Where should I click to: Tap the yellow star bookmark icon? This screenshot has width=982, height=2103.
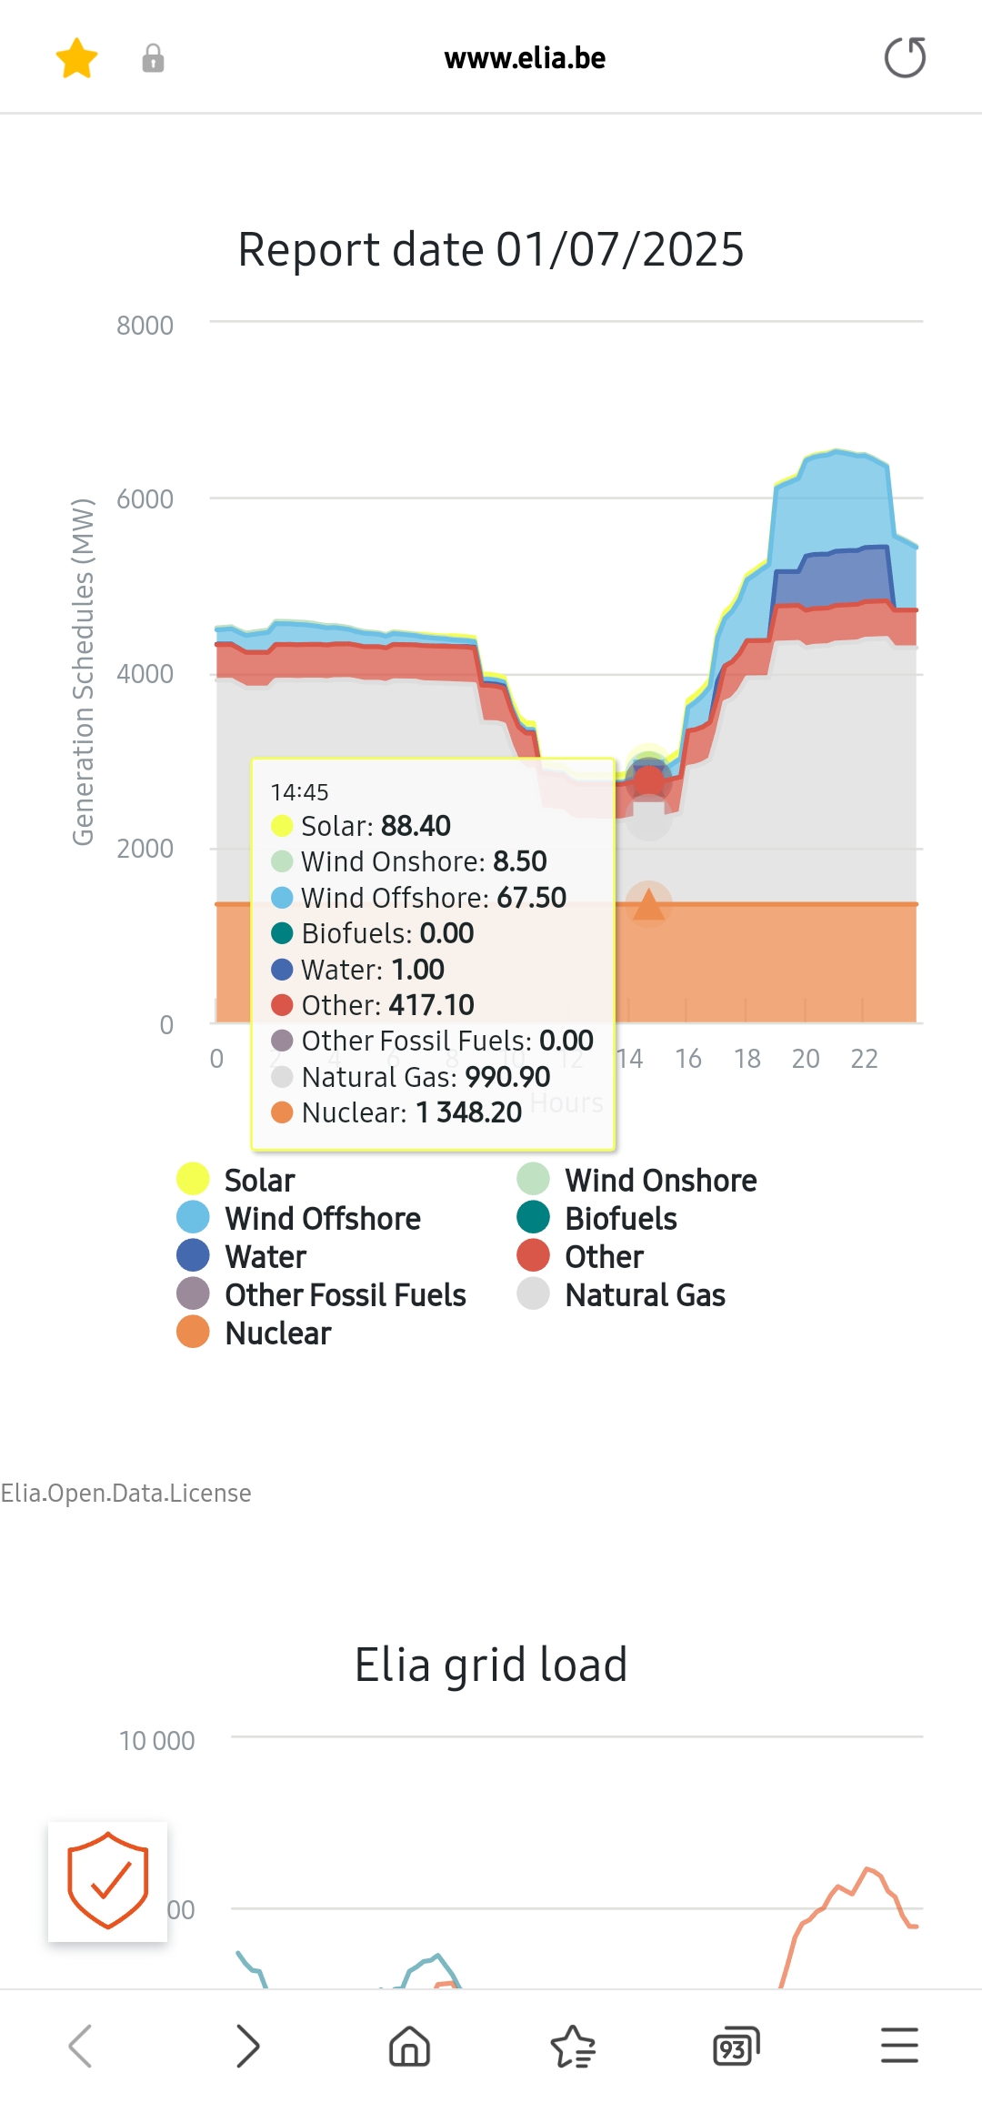click(x=76, y=58)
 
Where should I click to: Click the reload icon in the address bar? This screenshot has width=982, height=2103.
click(x=905, y=57)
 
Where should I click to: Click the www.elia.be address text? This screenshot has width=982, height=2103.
click(x=525, y=58)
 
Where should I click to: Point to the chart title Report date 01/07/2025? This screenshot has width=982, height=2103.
click(x=491, y=249)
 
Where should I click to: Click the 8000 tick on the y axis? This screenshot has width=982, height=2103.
click(x=145, y=326)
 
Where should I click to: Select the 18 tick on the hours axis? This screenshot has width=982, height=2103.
click(x=747, y=1059)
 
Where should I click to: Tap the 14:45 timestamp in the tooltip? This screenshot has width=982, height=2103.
click(x=299, y=792)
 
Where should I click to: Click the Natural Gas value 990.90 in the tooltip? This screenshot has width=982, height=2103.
click(x=507, y=1077)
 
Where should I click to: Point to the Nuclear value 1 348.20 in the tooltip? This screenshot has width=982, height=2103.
click(x=469, y=1112)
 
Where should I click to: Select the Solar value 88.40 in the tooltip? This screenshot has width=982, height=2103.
click(x=416, y=826)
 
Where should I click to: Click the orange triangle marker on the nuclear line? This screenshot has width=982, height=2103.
click(x=648, y=904)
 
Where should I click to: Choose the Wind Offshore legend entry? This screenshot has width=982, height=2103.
click(x=322, y=1219)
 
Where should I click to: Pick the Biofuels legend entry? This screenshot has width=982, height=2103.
click(x=620, y=1219)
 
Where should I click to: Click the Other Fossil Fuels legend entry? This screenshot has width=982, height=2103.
click(x=345, y=1295)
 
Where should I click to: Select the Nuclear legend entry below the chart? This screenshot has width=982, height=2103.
click(x=277, y=1333)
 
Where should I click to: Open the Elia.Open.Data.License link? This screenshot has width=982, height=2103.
click(x=125, y=1493)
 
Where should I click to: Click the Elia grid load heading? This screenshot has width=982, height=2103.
click(x=491, y=1665)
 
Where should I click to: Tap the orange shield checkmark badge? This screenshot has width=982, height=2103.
click(x=107, y=1881)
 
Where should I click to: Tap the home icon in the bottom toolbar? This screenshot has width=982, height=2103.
click(x=409, y=2047)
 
